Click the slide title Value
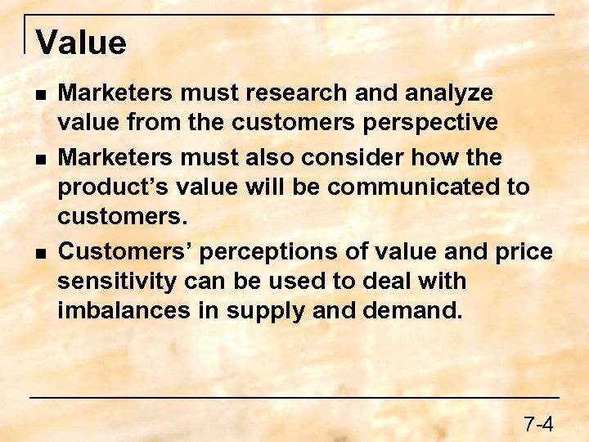click(x=81, y=43)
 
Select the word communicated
click(x=412, y=187)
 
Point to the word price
click(x=524, y=250)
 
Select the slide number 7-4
click(x=539, y=424)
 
